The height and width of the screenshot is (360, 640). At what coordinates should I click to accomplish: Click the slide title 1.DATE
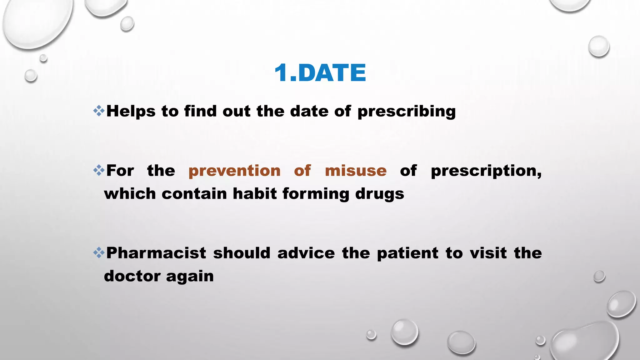(x=320, y=73)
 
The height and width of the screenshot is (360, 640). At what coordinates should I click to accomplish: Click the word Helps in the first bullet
(x=131, y=111)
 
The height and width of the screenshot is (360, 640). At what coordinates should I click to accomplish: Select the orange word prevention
(x=234, y=171)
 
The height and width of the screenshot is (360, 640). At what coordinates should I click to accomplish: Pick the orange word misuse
(x=356, y=171)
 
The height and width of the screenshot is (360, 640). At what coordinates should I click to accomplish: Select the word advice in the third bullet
(x=306, y=253)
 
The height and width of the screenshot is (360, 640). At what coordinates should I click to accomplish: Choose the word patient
(x=407, y=253)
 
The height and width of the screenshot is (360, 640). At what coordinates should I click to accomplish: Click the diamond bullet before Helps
(x=99, y=111)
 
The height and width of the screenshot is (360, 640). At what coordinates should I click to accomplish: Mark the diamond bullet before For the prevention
(x=99, y=170)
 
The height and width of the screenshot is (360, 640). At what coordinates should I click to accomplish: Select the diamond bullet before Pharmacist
(x=99, y=252)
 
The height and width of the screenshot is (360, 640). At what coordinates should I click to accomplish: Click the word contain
(x=194, y=194)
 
